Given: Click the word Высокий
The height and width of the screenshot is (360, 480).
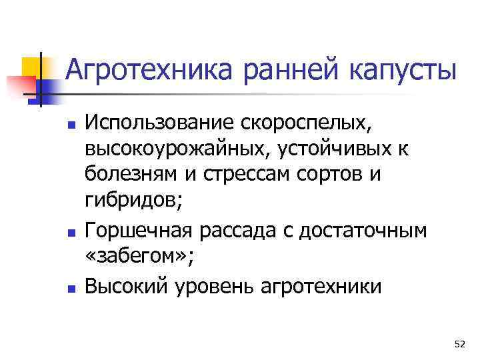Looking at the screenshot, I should point(126,287).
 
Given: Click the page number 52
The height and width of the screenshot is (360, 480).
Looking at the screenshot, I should point(459,344).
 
